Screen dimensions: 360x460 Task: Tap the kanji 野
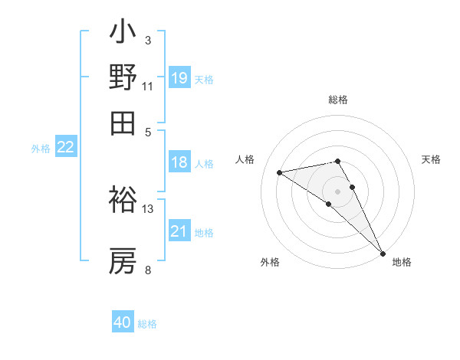tap(123, 77)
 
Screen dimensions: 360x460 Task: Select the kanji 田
tap(123, 122)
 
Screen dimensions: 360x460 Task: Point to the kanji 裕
tap(123, 200)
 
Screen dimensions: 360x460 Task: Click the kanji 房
tap(123, 260)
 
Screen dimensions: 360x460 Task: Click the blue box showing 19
tap(179, 77)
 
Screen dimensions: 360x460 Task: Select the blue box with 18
tap(179, 162)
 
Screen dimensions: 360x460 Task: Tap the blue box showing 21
tap(179, 231)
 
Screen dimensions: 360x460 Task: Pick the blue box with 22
tap(65, 147)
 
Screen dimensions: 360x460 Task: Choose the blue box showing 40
tap(123, 322)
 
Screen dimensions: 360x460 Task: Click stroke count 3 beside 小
tap(147, 40)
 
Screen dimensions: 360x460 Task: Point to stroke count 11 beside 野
tap(147, 85)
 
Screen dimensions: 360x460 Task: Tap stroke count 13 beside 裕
tap(147, 208)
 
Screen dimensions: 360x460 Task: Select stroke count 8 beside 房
tap(147, 270)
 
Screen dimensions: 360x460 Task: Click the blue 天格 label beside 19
tap(203, 79)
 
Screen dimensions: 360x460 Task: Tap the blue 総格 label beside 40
tap(147, 324)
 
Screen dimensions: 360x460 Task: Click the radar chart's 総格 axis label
tap(338, 100)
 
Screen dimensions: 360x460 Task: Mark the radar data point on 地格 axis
tap(383, 252)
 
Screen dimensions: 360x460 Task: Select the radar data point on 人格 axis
tap(280, 172)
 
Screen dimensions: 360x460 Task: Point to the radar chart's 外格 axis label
tap(270, 263)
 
